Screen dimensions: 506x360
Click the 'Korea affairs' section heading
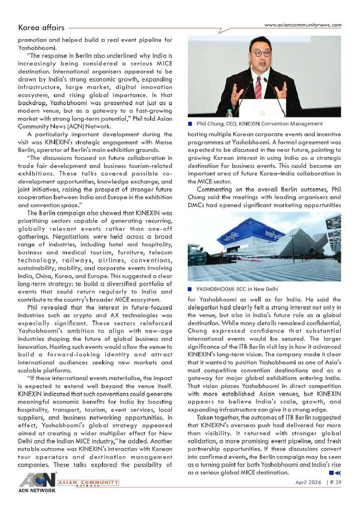(x=41, y=28)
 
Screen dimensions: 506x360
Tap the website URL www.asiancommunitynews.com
(x=303, y=25)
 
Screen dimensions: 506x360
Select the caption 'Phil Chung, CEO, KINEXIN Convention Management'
(x=259, y=124)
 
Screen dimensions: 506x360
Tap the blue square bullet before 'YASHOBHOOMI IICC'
(x=190, y=289)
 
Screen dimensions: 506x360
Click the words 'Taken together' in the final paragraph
(x=216, y=417)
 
